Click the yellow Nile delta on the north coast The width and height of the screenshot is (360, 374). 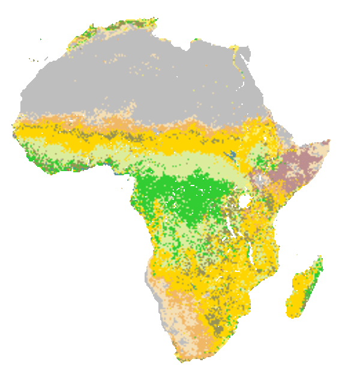click(235, 48)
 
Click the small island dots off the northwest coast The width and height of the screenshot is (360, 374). click(34, 60)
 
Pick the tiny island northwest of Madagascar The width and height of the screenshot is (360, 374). click(296, 255)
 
